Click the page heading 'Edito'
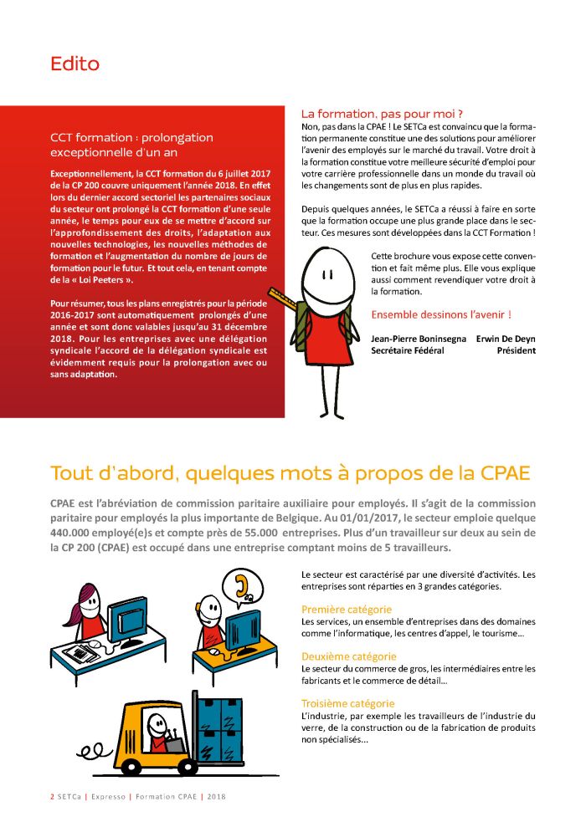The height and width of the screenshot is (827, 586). (x=75, y=64)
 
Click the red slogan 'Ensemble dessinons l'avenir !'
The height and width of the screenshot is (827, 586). (x=440, y=314)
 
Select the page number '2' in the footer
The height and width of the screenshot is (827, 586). (x=52, y=797)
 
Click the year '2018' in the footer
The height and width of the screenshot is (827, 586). (x=217, y=797)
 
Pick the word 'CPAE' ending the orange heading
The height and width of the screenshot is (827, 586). (x=506, y=472)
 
